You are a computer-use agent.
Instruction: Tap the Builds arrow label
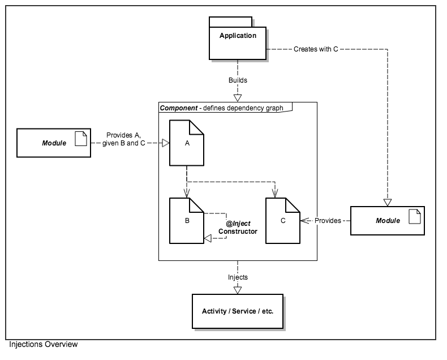tap(238, 80)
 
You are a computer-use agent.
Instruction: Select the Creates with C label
tap(316, 49)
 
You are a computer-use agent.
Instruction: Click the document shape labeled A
tap(187, 144)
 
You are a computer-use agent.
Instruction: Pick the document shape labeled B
tap(187, 220)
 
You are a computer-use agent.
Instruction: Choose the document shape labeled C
tap(283, 220)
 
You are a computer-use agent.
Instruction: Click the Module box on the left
tap(53, 143)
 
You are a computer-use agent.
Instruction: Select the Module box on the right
tap(387, 220)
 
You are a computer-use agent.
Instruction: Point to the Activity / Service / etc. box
tap(238, 311)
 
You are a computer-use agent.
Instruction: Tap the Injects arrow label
tap(238, 277)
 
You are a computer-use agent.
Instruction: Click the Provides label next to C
tap(328, 220)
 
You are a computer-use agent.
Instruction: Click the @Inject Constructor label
tap(238, 228)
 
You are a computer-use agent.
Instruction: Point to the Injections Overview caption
tap(43, 344)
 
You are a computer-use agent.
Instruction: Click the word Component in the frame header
tap(177, 108)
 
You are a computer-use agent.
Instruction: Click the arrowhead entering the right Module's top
tap(388, 202)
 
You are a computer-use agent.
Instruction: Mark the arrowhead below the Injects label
tap(238, 289)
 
